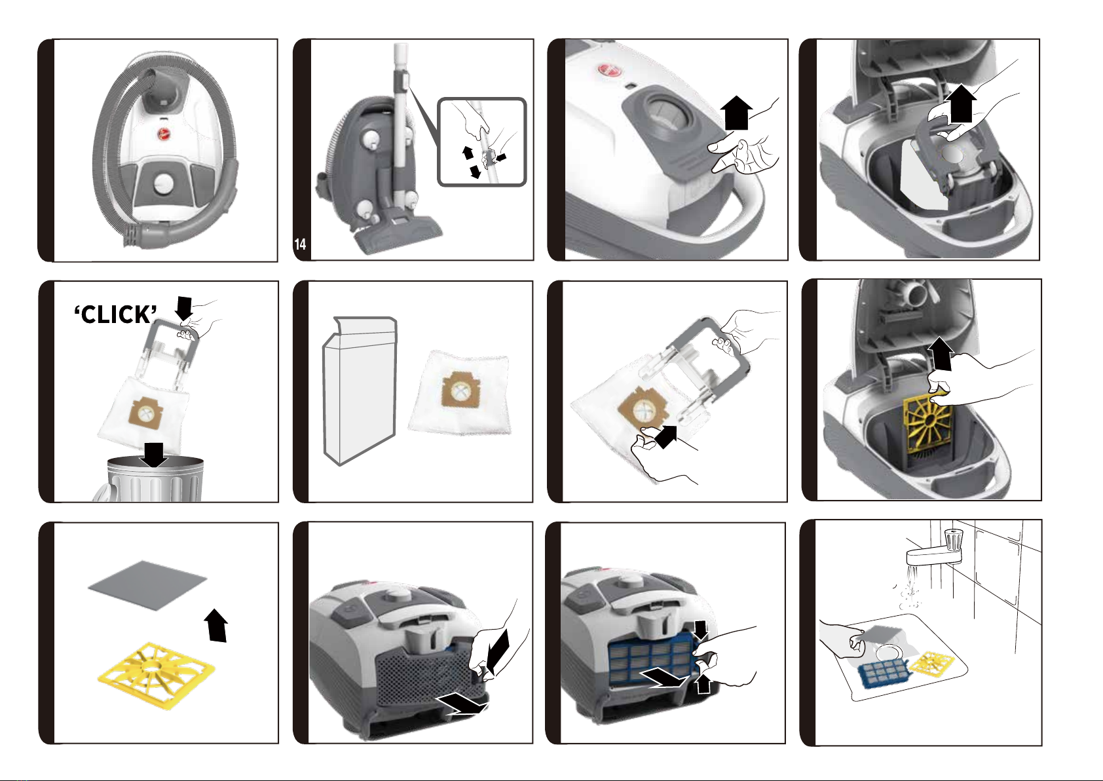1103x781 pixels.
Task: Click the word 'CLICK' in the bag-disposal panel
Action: (x=116, y=314)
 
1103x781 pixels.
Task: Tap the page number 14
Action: (x=300, y=244)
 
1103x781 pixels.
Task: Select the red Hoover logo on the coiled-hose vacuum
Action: (x=163, y=132)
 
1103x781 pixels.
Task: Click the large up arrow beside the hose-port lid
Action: (x=739, y=112)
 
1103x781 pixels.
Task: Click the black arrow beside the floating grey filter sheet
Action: (x=217, y=625)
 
